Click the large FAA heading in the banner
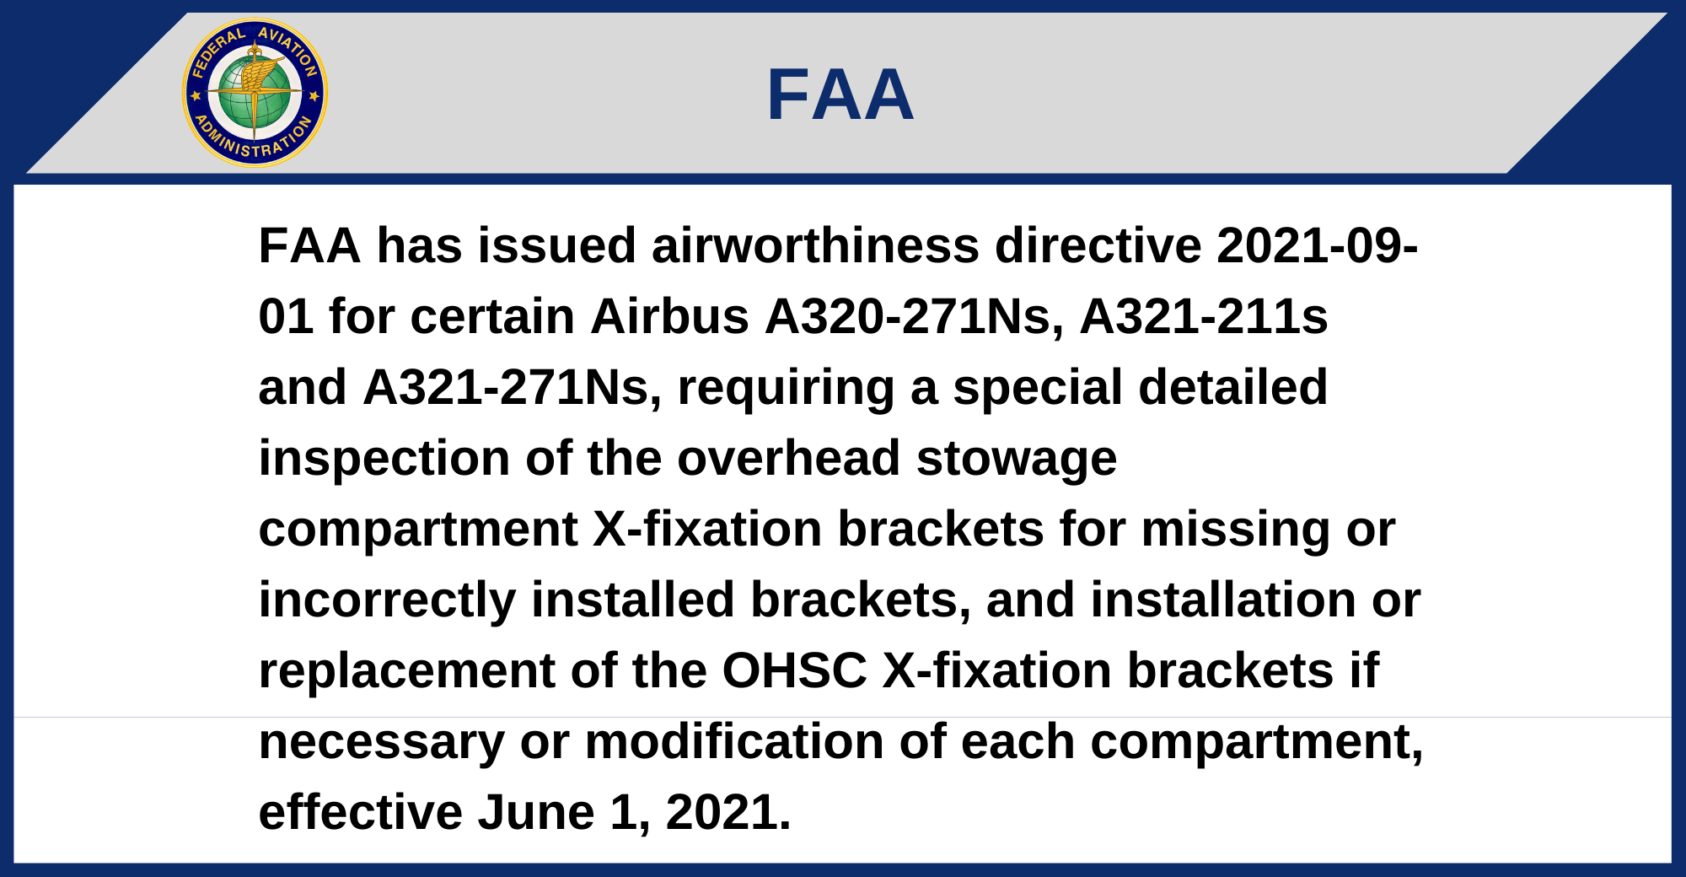click(840, 94)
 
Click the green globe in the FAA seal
click(255, 94)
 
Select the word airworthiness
click(815, 246)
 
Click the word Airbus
click(670, 317)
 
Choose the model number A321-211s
click(1204, 317)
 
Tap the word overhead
click(789, 459)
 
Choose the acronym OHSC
click(795, 671)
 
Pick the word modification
click(734, 742)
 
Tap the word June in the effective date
click(536, 813)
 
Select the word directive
click(1098, 246)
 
